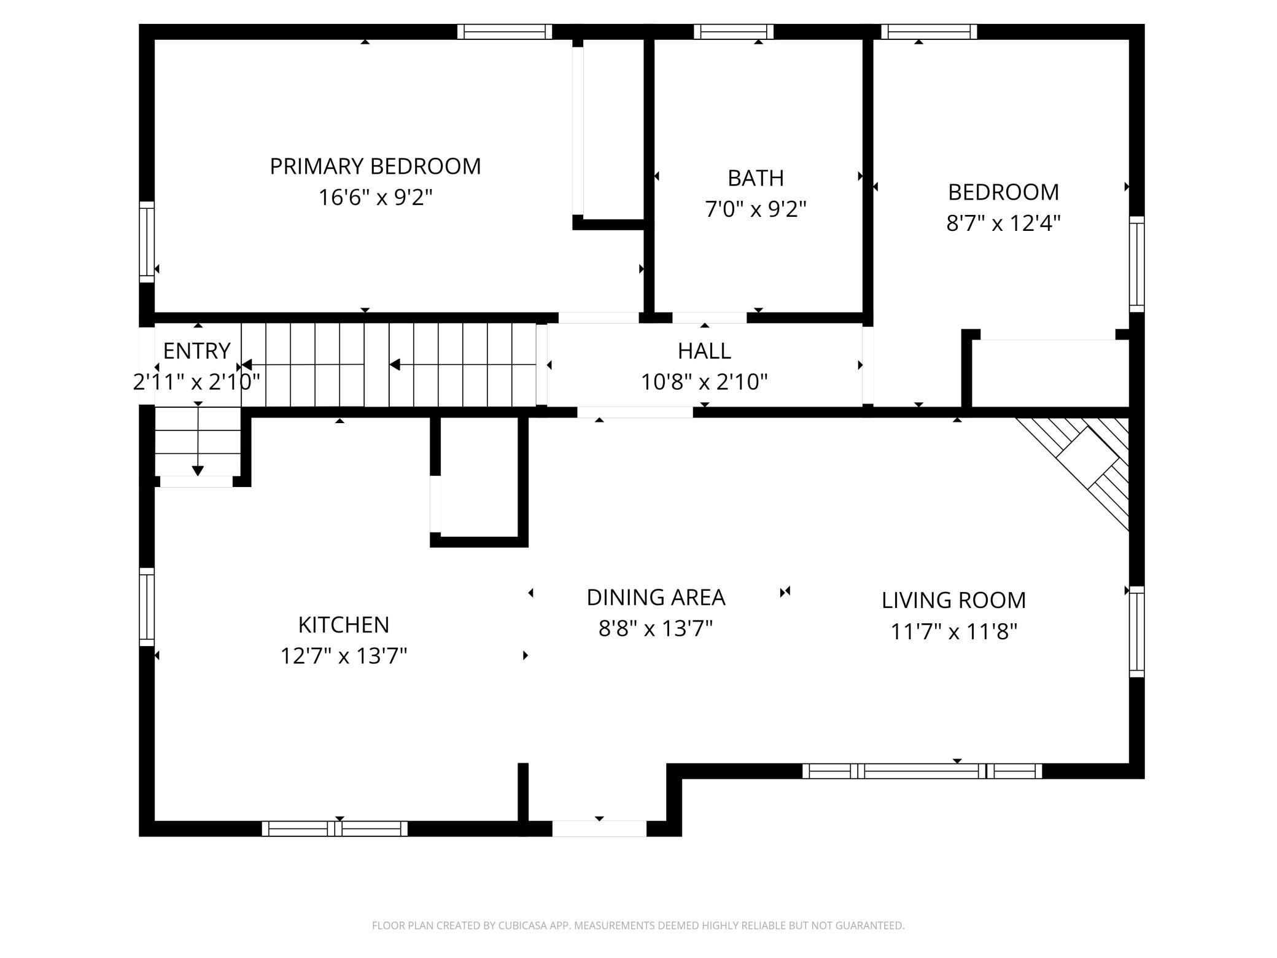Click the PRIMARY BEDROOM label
pyautogui.click(x=375, y=166)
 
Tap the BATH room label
pyautogui.click(x=756, y=178)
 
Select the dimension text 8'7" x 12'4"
pyautogui.click(x=1003, y=223)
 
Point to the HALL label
pyautogui.click(x=704, y=351)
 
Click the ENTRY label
pyautogui.click(x=196, y=351)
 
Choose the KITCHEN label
pyautogui.click(x=344, y=625)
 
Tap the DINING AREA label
pyautogui.click(x=656, y=597)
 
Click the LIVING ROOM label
pyautogui.click(x=953, y=600)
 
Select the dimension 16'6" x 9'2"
pyautogui.click(x=375, y=198)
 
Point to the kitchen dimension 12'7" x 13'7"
pyautogui.click(x=344, y=656)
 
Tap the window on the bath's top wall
pyautogui.click(x=734, y=31)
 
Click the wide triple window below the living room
pyautogui.click(x=922, y=771)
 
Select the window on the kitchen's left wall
pyautogui.click(x=147, y=607)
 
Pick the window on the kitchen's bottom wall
pyautogui.click(x=335, y=828)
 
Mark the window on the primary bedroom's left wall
pyautogui.click(x=147, y=242)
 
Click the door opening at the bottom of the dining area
pyautogui.click(x=599, y=828)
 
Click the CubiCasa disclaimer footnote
pyautogui.click(x=638, y=925)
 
